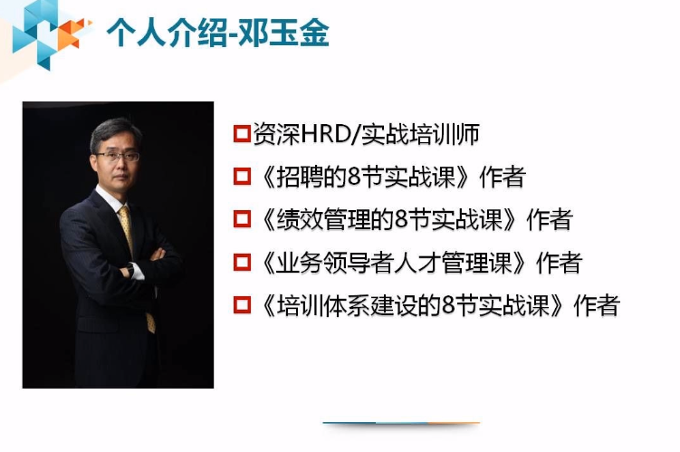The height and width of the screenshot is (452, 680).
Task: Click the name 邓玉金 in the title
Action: tap(293, 34)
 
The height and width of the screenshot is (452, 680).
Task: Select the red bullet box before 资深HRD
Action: tap(241, 136)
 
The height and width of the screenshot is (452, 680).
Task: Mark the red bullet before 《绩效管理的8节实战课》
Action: tap(241, 220)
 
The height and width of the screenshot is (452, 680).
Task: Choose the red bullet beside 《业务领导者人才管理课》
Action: tap(241, 264)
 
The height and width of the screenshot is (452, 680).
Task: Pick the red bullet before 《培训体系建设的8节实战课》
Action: tap(241, 305)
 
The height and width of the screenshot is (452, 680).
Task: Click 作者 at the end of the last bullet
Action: tap(597, 305)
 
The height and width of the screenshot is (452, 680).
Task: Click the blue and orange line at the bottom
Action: tap(401, 423)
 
